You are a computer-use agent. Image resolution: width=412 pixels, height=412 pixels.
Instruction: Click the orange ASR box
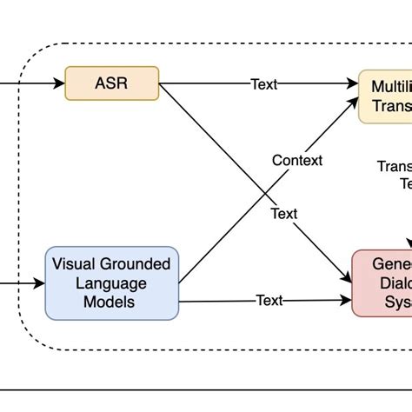click(112, 83)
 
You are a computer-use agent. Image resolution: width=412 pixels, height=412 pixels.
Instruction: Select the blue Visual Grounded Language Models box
click(111, 282)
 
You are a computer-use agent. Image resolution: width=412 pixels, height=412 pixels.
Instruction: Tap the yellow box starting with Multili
click(386, 96)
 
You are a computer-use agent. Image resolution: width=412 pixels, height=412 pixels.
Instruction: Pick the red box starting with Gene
click(382, 283)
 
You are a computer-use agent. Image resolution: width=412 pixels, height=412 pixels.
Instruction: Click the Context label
click(296, 161)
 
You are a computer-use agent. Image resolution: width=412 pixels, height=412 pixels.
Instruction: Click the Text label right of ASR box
click(264, 84)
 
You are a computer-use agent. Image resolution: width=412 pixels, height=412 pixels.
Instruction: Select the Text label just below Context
click(283, 214)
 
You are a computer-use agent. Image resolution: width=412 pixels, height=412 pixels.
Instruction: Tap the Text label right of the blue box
click(269, 301)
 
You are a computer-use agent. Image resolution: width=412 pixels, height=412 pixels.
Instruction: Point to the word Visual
click(75, 264)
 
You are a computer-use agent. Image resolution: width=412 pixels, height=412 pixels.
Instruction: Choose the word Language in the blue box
click(111, 283)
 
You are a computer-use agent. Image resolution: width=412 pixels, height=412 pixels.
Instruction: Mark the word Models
click(111, 302)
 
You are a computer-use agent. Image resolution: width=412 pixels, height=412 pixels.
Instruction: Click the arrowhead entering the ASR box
click(59, 84)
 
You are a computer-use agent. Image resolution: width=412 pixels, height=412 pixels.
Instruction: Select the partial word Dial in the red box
click(391, 283)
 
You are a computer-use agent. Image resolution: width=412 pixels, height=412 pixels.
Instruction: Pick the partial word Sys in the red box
click(395, 302)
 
